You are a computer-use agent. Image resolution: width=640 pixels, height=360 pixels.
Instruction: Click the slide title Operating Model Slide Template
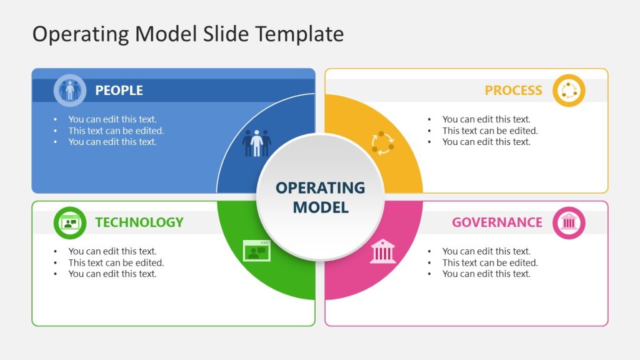(x=187, y=34)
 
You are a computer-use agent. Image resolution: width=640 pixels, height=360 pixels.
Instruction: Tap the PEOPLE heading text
(x=119, y=91)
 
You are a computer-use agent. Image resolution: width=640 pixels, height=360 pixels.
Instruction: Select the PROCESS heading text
(x=513, y=91)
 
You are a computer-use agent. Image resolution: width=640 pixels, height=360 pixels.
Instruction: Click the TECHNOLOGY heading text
(x=139, y=222)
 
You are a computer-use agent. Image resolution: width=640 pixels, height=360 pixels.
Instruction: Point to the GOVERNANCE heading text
(x=497, y=222)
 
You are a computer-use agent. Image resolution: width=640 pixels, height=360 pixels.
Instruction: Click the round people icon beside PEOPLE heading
(x=69, y=91)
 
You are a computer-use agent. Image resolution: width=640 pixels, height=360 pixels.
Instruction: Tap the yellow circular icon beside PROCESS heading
(x=569, y=91)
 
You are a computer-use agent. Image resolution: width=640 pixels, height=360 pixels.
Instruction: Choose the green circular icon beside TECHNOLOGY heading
(x=69, y=222)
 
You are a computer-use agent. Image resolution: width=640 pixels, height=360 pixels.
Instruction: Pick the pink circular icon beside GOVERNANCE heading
(x=569, y=222)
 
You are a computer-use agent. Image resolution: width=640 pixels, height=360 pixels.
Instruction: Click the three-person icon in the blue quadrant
(x=256, y=143)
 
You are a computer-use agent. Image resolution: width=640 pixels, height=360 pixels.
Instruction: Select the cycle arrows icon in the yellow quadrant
(x=382, y=143)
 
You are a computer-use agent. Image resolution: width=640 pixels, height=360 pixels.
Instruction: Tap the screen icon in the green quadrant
(x=256, y=251)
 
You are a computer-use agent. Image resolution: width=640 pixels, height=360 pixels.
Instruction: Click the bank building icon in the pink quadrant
(x=382, y=251)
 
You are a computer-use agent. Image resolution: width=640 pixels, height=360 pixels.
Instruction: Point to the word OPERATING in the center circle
(x=320, y=188)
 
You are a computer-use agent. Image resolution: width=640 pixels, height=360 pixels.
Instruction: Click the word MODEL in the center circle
(x=320, y=207)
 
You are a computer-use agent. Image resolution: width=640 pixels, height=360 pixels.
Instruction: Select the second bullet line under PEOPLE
(x=116, y=131)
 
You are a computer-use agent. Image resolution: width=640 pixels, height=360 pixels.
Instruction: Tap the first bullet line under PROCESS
(x=486, y=119)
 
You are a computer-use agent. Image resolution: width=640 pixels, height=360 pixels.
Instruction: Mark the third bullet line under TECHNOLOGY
(x=112, y=274)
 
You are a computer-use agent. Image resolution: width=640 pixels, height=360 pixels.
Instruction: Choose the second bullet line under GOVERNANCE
(x=490, y=262)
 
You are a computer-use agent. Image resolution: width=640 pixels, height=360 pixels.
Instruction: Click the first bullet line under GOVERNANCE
(x=486, y=251)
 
